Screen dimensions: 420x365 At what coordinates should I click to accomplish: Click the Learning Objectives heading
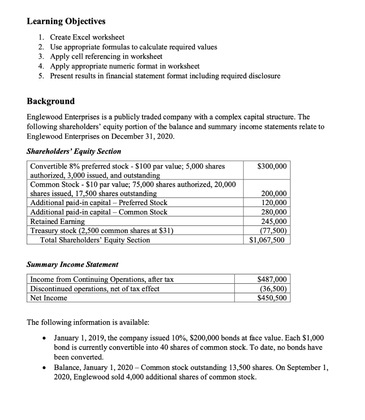pyautogui.click(x=66, y=21)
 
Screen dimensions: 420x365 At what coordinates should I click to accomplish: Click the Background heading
pyautogui.click(x=51, y=101)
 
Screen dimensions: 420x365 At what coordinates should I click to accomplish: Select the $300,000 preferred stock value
pyautogui.click(x=272, y=166)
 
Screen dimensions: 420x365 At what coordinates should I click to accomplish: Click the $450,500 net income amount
pyautogui.click(x=272, y=298)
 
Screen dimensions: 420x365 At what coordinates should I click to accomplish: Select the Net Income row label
pyautogui.click(x=49, y=298)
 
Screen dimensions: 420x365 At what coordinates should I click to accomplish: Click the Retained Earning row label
pyautogui.click(x=57, y=221)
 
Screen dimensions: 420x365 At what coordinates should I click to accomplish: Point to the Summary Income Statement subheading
pyautogui.click(x=72, y=265)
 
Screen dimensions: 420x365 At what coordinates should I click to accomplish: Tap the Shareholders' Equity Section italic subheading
pyautogui.click(x=74, y=151)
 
